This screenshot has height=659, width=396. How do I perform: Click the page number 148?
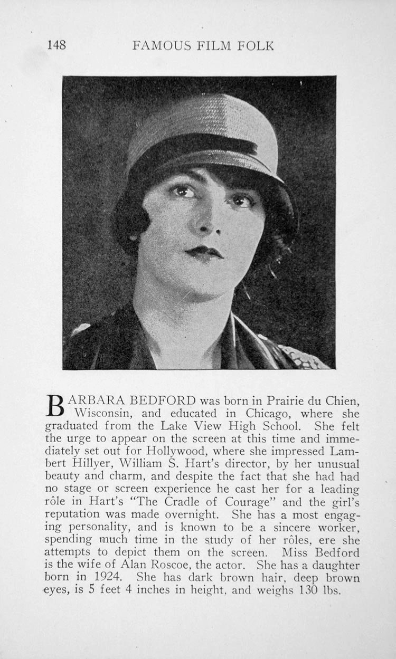[x=56, y=45]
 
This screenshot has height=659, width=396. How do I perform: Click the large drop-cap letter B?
[x=55, y=405]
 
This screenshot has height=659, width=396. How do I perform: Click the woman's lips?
[x=205, y=253]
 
